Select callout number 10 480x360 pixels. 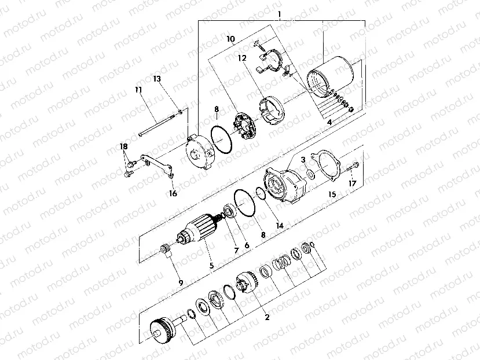pyautogui.click(x=230, y=39)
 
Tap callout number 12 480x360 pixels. pyautogui.click(x=241, y=58)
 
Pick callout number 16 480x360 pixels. pyautogui.click(x=172, y=193)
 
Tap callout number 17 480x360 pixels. pyautogui.click(x=353, y=184)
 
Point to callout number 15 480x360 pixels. pyautogui.click(x=332, y=194)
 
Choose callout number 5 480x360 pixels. pyautogui.click(x=211, y=266)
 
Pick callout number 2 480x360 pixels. pyautogui.click(x=266, y=317)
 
